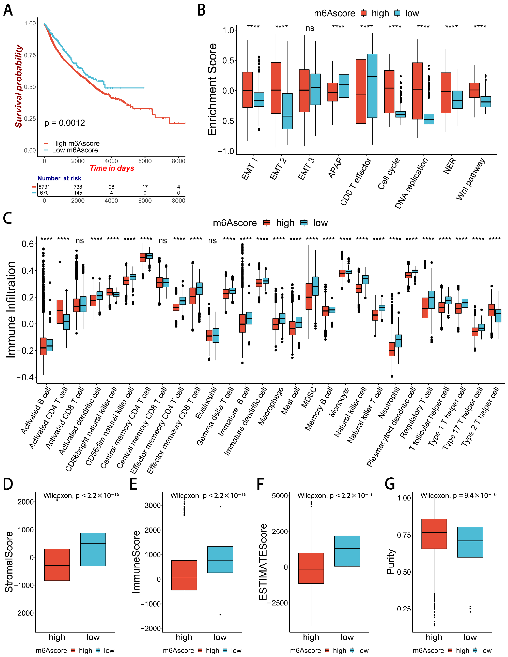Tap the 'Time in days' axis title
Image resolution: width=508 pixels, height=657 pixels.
click(112, 168)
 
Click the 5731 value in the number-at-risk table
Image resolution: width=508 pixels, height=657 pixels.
click(44, 187)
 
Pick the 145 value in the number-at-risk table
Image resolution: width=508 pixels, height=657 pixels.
click(78, 193)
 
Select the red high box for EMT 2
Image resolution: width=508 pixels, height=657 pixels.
click(276, 88)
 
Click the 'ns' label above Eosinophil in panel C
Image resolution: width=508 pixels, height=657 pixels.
click(212, 241)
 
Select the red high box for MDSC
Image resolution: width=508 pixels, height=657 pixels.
click(309, 296)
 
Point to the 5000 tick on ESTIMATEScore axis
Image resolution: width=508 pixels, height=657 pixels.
click(280, 496)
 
